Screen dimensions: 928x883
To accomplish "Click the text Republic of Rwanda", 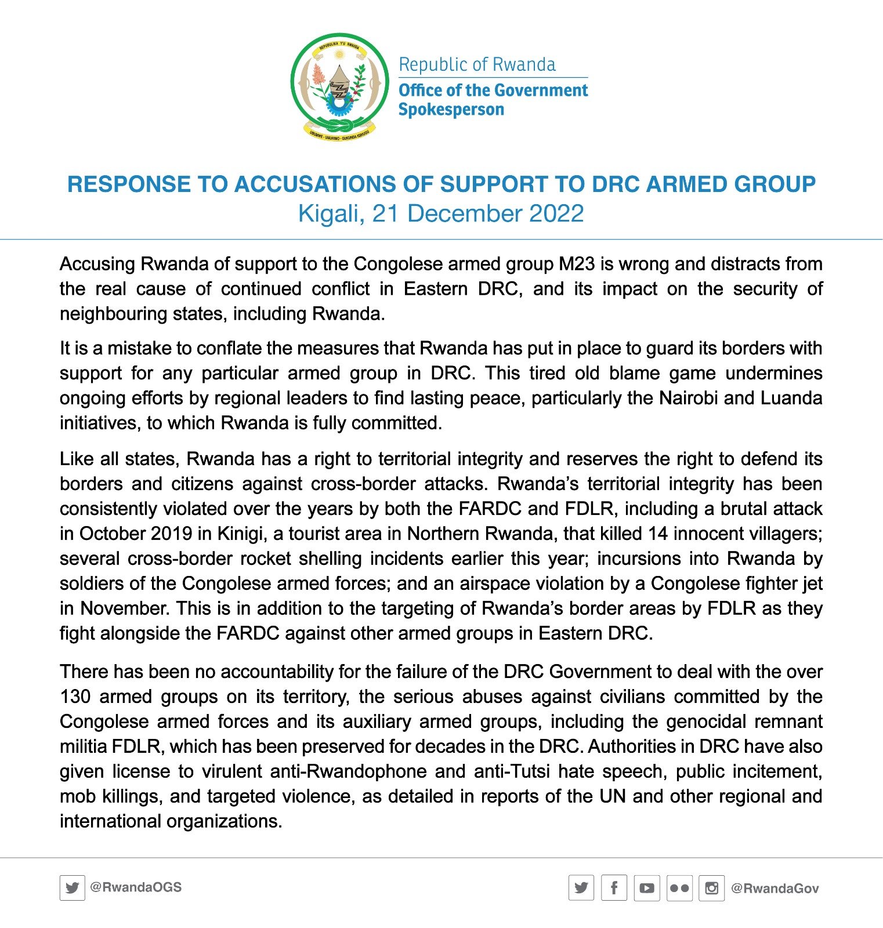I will coord(477,64).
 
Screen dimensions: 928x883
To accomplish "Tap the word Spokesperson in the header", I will coord(451,110).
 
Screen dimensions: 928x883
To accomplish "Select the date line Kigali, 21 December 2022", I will coord(441,213).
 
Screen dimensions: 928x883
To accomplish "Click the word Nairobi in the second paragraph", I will coord(684,398).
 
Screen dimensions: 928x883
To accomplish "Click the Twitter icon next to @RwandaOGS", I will coord(72,888).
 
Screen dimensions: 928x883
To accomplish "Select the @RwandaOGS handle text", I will coord(136,887).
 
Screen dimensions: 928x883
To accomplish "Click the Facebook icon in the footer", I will coord(614,888).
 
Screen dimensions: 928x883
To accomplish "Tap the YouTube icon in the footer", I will coord(646,888).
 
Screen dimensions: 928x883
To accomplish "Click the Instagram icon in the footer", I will coord(711,888).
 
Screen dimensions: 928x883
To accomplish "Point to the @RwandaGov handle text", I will coord(775,889).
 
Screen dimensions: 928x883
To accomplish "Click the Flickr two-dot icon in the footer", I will coord(679,888).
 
